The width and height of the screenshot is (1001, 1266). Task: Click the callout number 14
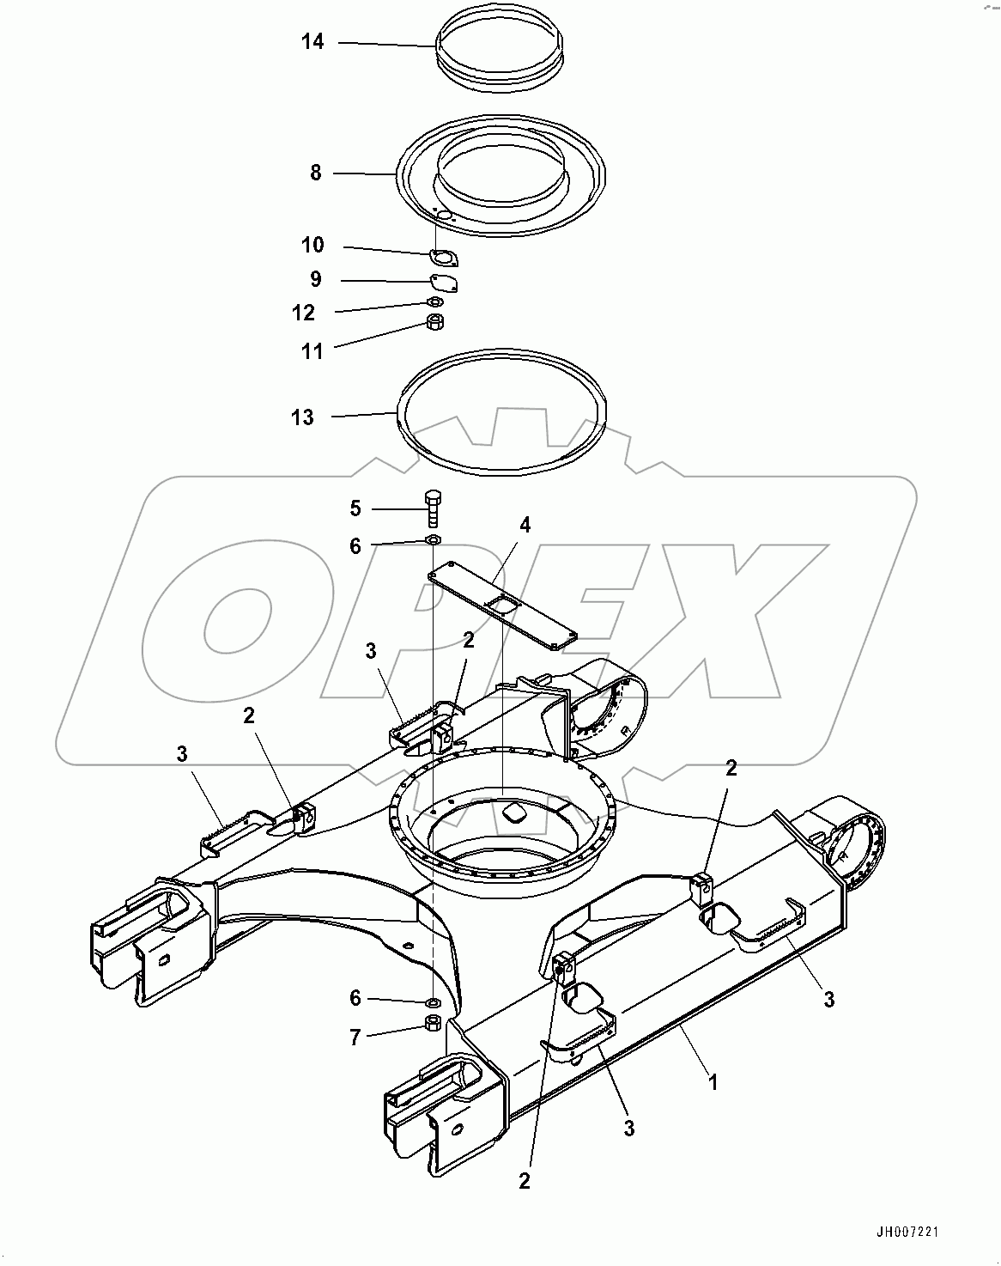coord(312,40)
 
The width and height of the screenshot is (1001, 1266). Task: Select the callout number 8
coord(316,173)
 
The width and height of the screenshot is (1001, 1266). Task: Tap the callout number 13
coord(302,417)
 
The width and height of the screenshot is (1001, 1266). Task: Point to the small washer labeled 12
coord(435,301)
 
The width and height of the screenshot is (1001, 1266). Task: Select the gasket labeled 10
coord(443,257)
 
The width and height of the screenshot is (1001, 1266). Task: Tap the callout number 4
coord(525,525)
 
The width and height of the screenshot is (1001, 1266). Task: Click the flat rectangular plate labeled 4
coord(502,606)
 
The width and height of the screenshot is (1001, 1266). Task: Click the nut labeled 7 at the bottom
coord(434,1022)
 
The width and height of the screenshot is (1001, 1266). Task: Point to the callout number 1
coord(711,1081)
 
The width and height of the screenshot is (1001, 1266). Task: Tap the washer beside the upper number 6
coord(434,539)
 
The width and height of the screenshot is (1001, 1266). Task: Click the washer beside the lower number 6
coord(434,1001)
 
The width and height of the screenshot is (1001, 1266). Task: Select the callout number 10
coord(312,246)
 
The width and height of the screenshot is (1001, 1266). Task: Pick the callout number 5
coord(355,508)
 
